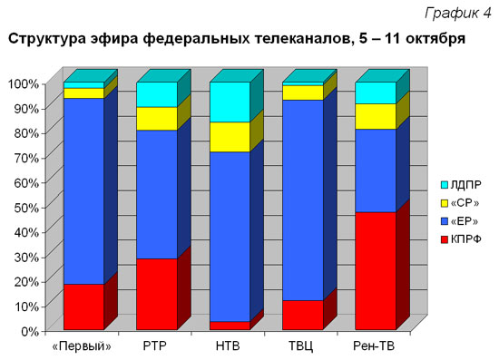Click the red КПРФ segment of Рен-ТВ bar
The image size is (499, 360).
(x=376, y=270)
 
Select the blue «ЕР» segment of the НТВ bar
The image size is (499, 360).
(x=230, y=237)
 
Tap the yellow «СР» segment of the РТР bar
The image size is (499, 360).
(x=157, y=119)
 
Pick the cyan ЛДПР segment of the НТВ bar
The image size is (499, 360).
(x=230, y=102)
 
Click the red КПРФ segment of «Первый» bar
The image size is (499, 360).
(x=83, y=306)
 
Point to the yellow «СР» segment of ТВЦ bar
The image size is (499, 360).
(x=303, y=92)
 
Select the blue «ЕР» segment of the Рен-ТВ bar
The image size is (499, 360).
(x=376, y=170)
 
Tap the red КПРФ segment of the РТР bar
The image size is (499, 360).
(x=157, y=294)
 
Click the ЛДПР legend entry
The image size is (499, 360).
(x=461, y=185)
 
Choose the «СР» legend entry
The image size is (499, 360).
(x=460, y=203)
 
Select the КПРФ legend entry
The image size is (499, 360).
(x=461, y=239)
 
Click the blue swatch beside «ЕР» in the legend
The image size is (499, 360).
(x=445, y=221)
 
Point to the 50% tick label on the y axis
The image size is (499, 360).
(x=26, y=208)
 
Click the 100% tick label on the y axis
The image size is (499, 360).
(x=24, y=84)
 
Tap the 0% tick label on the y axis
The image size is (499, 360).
(x=30, y=331)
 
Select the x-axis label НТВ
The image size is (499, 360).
(x=228, y=346)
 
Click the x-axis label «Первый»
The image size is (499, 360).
(x=82, y=346)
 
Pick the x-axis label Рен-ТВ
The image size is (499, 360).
(x=374, y=346)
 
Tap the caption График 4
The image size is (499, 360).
(x=458, y=13)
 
